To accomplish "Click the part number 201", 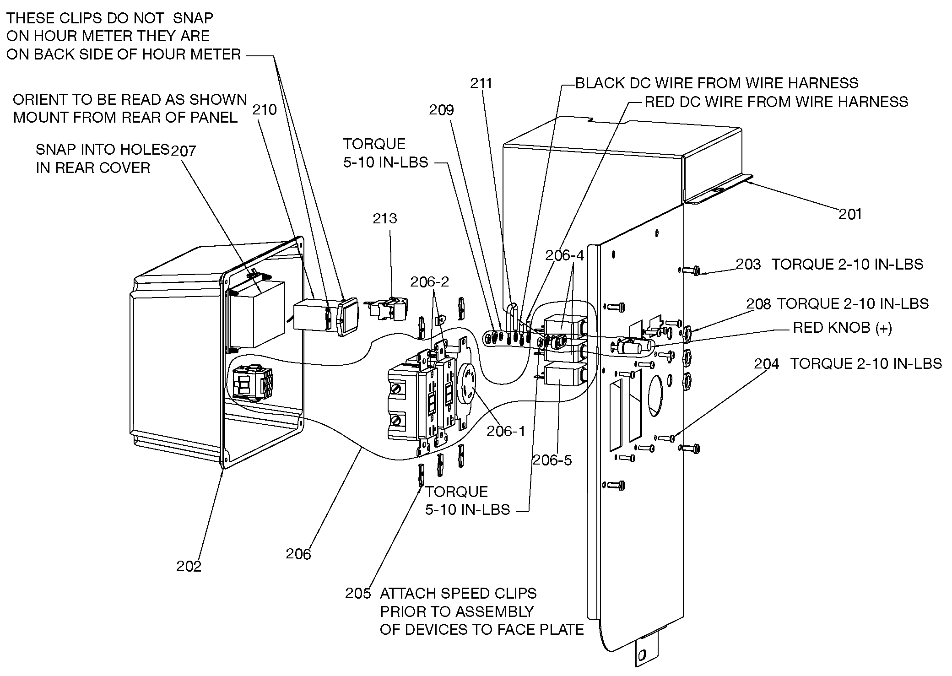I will click(850, 214).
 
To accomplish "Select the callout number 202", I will click(189, 566).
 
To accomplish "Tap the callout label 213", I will click(384, 218).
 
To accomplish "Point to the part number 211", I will click(481, 83).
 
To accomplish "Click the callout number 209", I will click(441, 110).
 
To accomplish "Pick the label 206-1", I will click(506, 431).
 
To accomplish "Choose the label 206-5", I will click(552, 460).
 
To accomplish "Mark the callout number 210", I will click(265, 110).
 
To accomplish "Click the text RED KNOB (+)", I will click(842, 328).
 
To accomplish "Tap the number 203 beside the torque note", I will click(748, 264).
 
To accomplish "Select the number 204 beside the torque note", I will click(767, 364).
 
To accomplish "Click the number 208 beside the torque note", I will click(758, 304).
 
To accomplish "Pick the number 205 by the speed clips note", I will click(358, 593).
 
